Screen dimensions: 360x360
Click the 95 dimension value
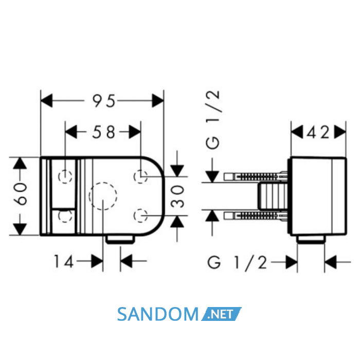[x=103, y=101]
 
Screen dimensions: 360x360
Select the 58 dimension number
[x=103, y=132]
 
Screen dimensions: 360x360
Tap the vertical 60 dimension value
[x=21, y=194]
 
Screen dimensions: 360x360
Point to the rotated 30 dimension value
[x=177, y=197]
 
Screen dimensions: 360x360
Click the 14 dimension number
[x=64, y=261]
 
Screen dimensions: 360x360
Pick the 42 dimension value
[x=318, y=132]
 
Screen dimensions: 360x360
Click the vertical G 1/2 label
[x=212, y=120]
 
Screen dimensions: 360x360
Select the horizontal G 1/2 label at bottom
[x=237, y=262]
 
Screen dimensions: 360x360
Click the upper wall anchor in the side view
[x=256, y=177]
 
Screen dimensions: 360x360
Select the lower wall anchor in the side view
[x=256, y=216]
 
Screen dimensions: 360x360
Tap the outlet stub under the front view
[x=120, y=240]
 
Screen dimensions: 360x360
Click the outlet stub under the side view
[x=311, y=240]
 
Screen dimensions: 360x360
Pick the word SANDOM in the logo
[x=157, y=314]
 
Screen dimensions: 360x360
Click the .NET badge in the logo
[x=221, y=314]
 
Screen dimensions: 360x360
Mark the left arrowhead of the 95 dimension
[x=46, y=101]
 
